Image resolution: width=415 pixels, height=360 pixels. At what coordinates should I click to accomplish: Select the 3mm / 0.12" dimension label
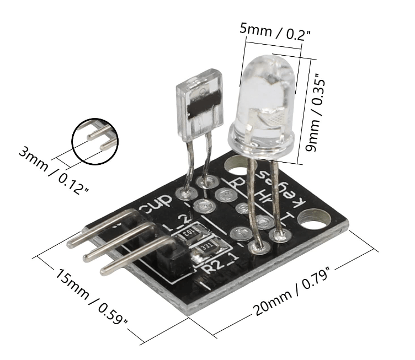point(54,171)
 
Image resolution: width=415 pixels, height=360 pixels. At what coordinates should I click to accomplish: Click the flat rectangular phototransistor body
point(199,105)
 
